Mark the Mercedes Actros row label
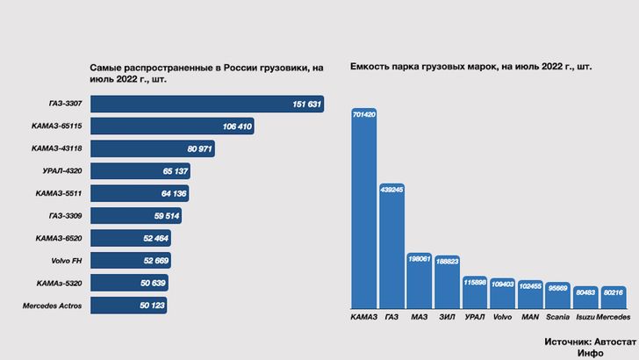(x=54, y=306)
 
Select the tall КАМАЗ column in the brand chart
(x=363, y=211)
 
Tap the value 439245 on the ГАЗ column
(x=391, y=189)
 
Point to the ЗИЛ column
(x=447, y=281)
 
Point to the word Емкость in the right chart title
(x=370, y=67)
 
